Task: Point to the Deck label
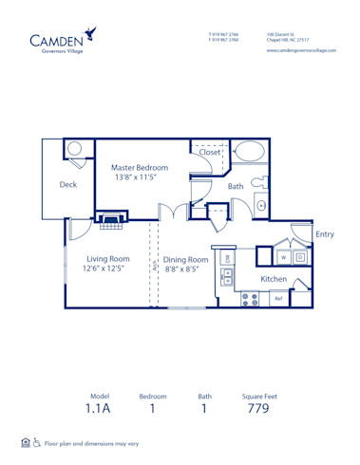click(67, 185)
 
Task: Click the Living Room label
click(107, 259)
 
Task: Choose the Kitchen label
click(274, 279)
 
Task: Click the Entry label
click(324, 234)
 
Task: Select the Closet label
click(209, 152)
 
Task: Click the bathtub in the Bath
click(251, 152)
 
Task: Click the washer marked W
click(282, 256)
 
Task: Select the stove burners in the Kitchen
click(251, 298)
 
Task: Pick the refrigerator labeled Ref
click(278, 299)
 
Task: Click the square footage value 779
click(257, 409)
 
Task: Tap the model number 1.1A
click(100, 409)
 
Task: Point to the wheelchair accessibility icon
click(36, 442)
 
